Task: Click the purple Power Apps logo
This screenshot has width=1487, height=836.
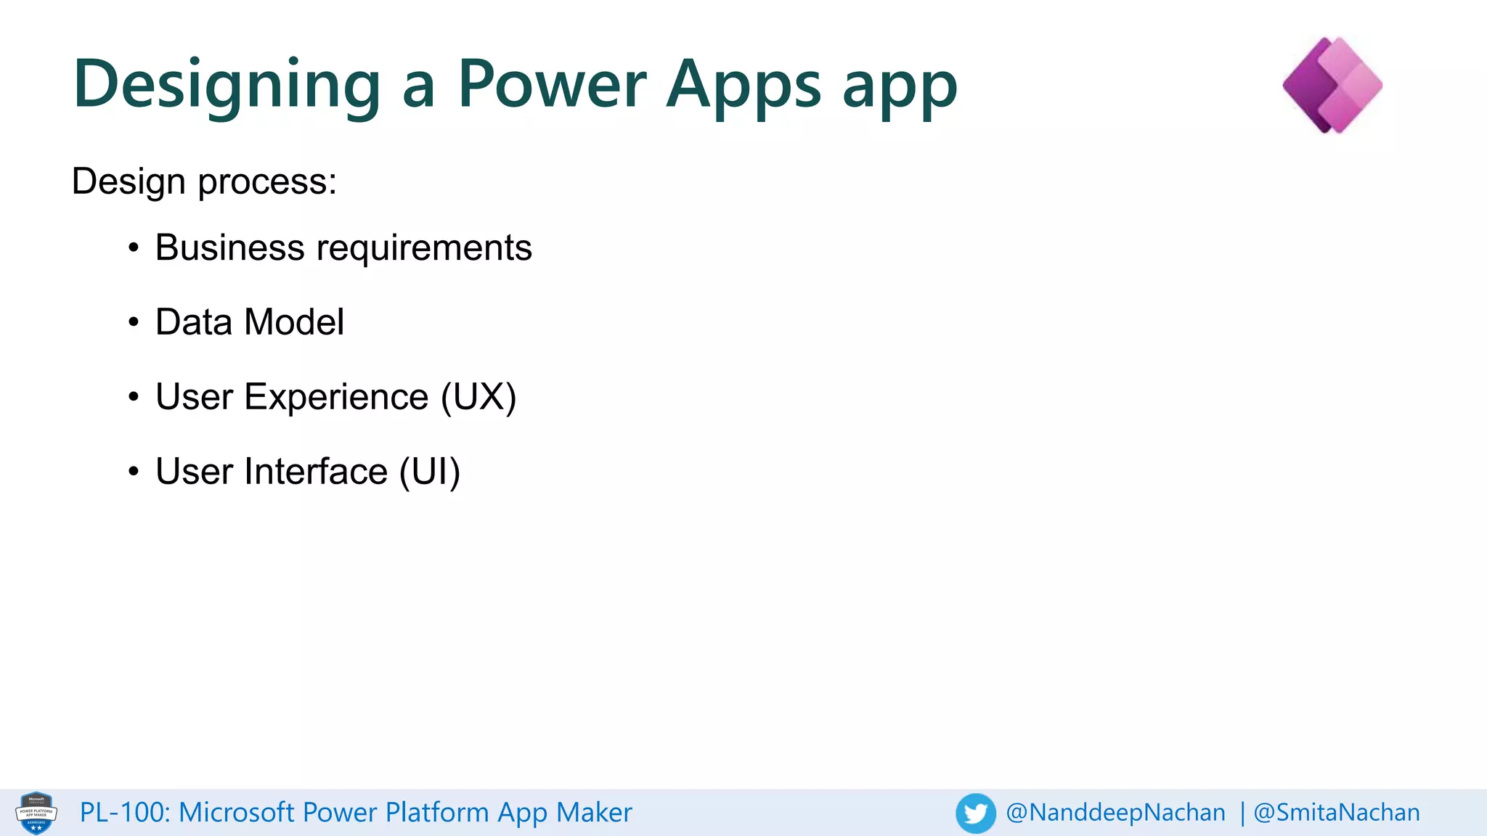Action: pyautogui.click(x=1332, y=85)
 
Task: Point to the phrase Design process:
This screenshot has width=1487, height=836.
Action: pyautogui.click(x=204, y=181)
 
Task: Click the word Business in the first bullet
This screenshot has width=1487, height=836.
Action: pyautogui.click(x=229, y=247)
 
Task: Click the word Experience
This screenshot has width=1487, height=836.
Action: pyautogui.click(x=336, y=397)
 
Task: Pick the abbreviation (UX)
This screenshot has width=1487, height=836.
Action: pyautogui.click(x=478, y=397)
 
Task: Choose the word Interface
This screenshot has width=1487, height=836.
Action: pyautogui.click(x=316, y=472)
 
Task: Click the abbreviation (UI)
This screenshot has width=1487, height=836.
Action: pyautogui.click(x=430, y=472)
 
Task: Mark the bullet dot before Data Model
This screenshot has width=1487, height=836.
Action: pyautogui.click(x=133, y=322)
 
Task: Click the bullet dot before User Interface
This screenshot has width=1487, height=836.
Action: pyautogui.click(x=133, y=472)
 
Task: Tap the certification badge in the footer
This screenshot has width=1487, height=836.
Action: pyautogui.click(x=36, y=813)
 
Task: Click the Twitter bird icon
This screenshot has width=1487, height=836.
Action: pyautogui.click(x=975, y=813)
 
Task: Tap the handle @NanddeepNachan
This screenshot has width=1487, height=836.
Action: pyautogui.click(x=1115, y=813)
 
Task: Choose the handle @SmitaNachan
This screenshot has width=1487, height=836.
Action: pyautogui.click(x=1337, y=813)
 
